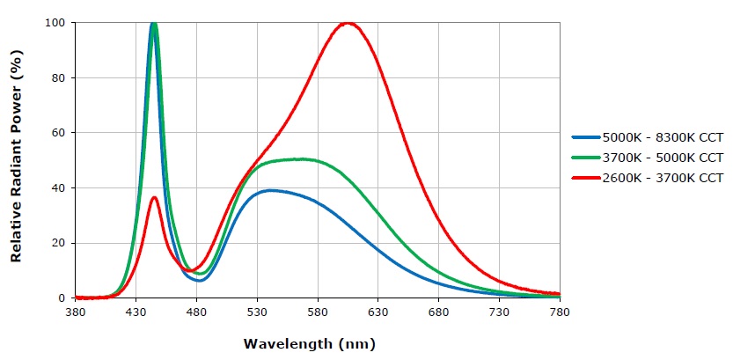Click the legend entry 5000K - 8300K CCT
[x=662, y=138]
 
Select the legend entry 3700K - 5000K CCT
[x=662, y=158]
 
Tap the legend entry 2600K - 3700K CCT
[x=662, y=178]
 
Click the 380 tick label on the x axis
[x=76, y=312]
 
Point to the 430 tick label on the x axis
[x=136, y=312]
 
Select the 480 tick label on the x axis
[x=197, y=312]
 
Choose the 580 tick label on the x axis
[x=318, y=312]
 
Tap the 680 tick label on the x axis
[x=438, y=312]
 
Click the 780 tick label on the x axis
[x=559, y=312]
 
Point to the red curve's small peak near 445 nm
[x=154, y=197]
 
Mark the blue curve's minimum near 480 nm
[x=199, y=281]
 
